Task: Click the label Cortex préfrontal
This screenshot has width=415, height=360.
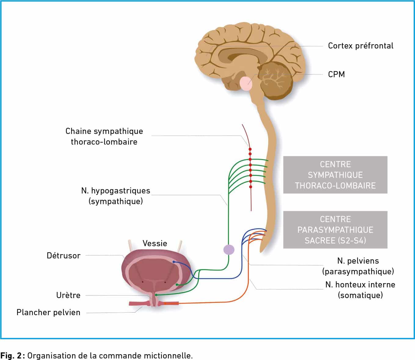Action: click(360, 46)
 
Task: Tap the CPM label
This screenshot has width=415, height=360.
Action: click(336, 74)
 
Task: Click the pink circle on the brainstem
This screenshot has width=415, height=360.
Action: click(246, 83)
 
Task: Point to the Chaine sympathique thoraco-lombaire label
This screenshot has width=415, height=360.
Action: click(104, 136)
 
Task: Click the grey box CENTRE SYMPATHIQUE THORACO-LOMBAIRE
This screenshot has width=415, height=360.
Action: click(335, 175)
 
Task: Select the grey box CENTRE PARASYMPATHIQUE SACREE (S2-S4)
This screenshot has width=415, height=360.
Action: click(335, 230)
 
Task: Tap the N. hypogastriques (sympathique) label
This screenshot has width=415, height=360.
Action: click(116, 196)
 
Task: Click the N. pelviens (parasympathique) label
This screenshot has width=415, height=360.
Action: click(358, 266)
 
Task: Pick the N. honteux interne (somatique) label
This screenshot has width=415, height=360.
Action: click(360, 290)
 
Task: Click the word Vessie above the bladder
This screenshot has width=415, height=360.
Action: click(155, 243)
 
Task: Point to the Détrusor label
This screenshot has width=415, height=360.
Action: click(64, 255)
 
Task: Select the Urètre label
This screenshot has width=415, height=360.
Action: click(68, 295)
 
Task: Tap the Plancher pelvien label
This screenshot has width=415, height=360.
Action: click(48, 312)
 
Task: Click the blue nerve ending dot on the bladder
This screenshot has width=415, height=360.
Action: click(174, 262)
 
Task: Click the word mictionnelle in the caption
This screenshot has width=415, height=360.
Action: click(168, 355)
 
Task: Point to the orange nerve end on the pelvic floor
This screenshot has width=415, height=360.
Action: click(171, 303)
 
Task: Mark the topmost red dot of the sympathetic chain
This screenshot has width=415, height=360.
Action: click(250, 149)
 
